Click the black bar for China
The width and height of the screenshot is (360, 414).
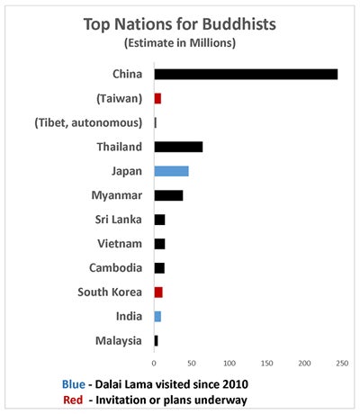[246, 74]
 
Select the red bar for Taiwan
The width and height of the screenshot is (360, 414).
[157, 98]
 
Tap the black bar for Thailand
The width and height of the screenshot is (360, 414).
[178, 147]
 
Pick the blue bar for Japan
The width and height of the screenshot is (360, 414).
[172, 171]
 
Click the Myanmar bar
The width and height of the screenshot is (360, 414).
[168, 195]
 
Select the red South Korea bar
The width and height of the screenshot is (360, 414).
[158, 292]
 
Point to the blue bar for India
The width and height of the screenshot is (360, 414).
[157, 317]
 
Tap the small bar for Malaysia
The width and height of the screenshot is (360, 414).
[156, 341]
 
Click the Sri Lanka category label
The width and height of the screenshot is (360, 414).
[118, 220]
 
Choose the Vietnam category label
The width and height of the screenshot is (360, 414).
[120, 244]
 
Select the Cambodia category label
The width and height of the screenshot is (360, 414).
[115, 268]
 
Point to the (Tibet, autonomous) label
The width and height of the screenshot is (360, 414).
[88, 122]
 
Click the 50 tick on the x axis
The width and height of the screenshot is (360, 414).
[192, 364]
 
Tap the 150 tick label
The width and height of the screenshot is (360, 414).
[266, 364]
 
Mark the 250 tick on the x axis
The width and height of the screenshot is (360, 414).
[342, 364]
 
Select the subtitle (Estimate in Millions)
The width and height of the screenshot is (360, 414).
[180, 43]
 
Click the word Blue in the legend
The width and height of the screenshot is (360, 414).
[74, 384]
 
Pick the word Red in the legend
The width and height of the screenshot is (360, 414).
[73, 400]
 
